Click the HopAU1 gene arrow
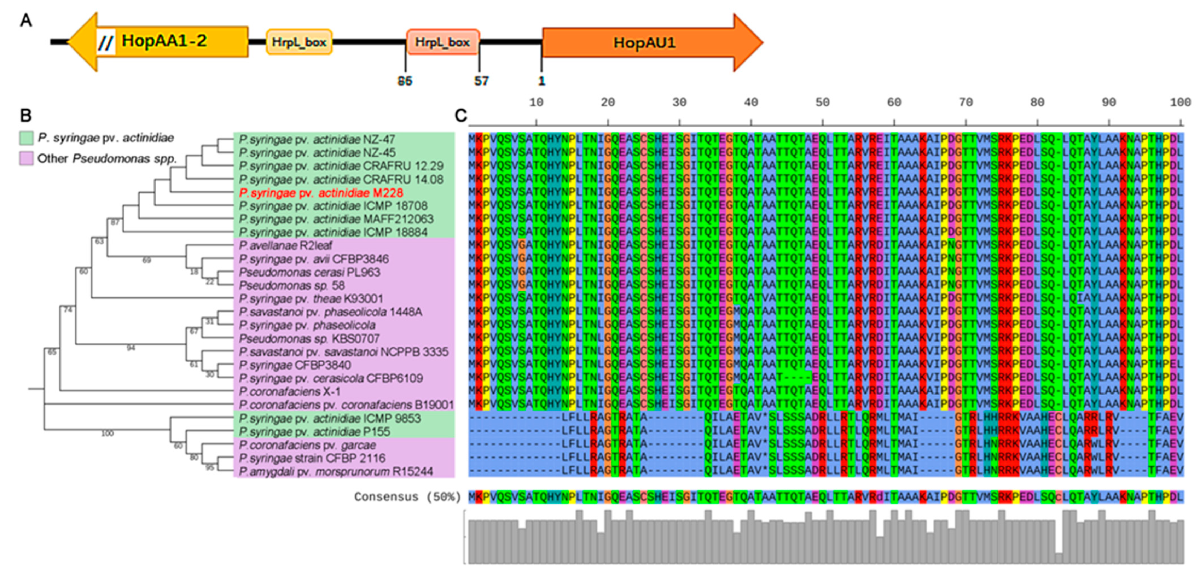pyautogui.click(x=645, y=43)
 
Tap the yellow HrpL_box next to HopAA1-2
pyautogui.click(x=299, y=42)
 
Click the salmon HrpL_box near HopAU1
pyautogui.click(x=442, y=42)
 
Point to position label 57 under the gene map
pyautogui.click(x=481, y=81)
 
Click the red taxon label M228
pyautogui.click(x=321, y=193)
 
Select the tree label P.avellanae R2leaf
pyautogui.click(x=285, y=245)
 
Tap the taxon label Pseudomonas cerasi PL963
pyautogui.click(x=309, y=272)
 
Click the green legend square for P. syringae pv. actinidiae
pyautogui.click(x=26, y=138)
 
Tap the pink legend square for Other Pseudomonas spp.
pyautogui.click(x=26, y=158)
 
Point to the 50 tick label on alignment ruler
pyautogui.click(x=822, y=103)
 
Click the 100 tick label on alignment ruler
pyautogui.click(x=1180, y=103)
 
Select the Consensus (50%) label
pyautogui.click(x=407, y=497)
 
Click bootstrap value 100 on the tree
pyautogui.click(x=108, y=434)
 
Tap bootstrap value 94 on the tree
pyautogui.click(x=131, y=348)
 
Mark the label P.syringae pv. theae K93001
pyautogui.click(x=311, y=298)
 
